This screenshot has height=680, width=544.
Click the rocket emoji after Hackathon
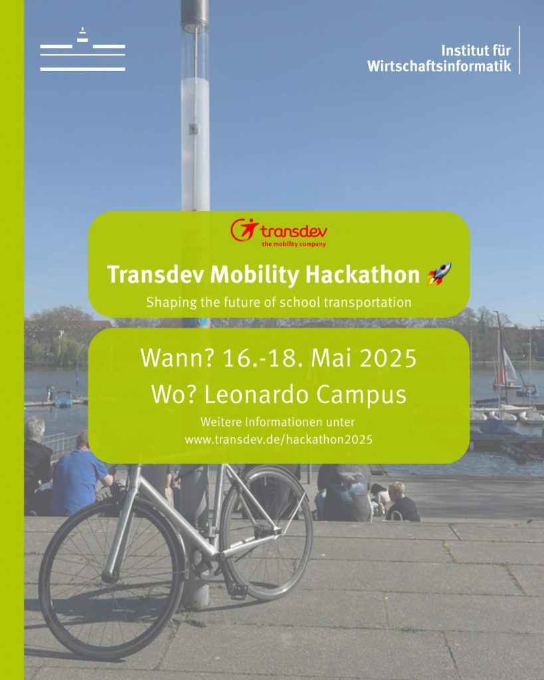439,274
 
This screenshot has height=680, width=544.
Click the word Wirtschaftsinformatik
439,66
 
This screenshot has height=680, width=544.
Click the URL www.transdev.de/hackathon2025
278,440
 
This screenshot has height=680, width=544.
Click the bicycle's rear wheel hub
110,578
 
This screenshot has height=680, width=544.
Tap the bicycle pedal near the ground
238,590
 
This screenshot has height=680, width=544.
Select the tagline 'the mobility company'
294,244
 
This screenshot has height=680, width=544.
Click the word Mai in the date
332,358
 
